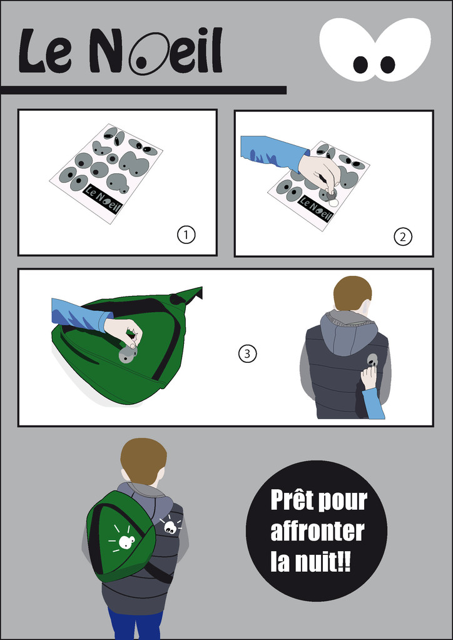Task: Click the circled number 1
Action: [186, 235]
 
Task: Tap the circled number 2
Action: [403, 236]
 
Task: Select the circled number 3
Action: [247, 353]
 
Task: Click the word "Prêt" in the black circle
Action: [293, 500]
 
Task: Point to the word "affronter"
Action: [317, 531]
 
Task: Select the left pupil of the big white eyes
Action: [360, 64]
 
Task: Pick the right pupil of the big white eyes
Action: [387, 64]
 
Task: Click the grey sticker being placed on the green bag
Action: [128, 354]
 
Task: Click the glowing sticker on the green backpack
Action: [126, 542]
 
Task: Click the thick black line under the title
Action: [143, 90]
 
